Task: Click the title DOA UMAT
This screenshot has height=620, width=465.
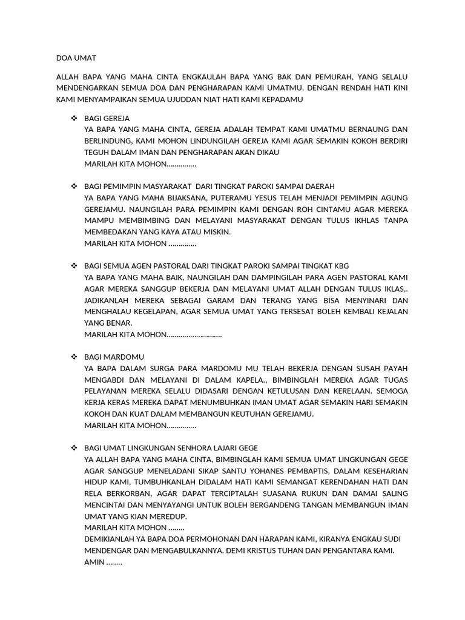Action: pyautogui.click(x=76, y=58)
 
